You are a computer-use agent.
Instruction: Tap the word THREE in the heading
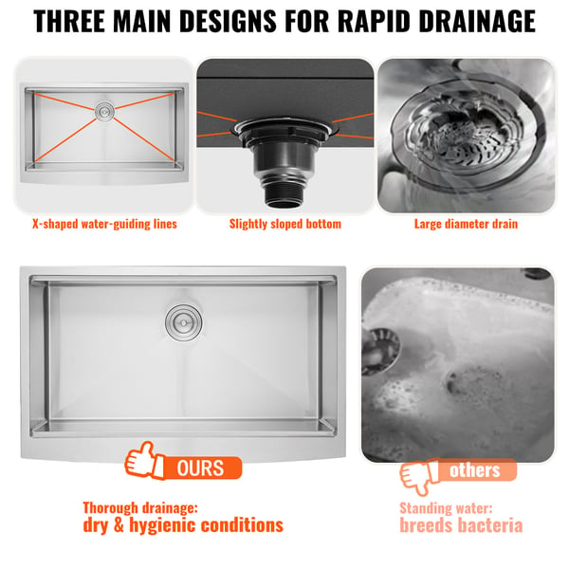point(69,21)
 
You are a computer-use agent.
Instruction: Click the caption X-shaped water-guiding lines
point(104,224)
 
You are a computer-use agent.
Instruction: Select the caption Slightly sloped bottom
point(285,224)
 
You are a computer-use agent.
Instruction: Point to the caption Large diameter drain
point(466,224)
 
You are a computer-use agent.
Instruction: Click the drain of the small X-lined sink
point(104,111)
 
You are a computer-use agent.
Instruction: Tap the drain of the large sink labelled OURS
point(184,322)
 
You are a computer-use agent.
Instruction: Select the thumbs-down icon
point(418,476)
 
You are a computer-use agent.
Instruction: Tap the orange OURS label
point(202,468)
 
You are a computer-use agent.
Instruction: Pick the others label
point(475,470)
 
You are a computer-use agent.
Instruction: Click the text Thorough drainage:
point(140,508)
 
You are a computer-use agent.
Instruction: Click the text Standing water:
point(446,508)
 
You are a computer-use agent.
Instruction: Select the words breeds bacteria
point(461,525)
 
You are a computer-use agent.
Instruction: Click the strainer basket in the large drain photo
point(460,139)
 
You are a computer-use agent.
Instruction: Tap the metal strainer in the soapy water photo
point(380,351)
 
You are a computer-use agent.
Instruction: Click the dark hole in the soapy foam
point(453,383)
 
